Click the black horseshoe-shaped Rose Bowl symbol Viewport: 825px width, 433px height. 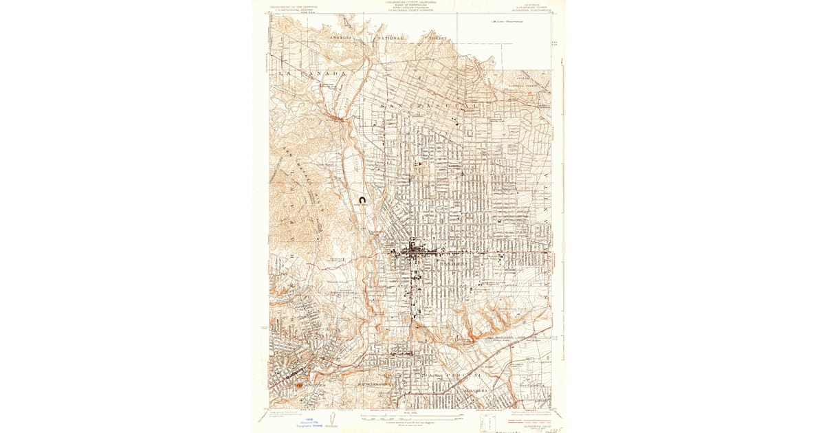pyautogui.click(x=362, y=201)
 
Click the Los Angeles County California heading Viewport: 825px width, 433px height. pyautogui.click(x=410, y=3)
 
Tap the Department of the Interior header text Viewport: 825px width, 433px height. pyautogui.click(x=293, y=5)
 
